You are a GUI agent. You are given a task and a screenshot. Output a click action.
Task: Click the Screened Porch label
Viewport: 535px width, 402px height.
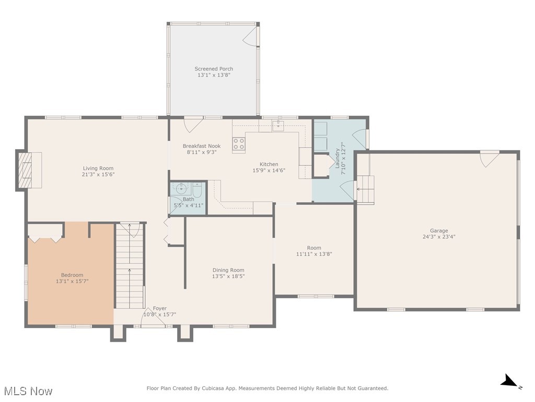click(214, 69)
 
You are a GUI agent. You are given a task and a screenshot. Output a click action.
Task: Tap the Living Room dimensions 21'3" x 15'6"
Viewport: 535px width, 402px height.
click(98, 174)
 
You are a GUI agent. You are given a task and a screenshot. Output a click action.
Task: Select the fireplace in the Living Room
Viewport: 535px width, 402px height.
click(25, 170)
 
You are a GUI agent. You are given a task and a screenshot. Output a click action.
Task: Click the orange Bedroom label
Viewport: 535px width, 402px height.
click(72, 275)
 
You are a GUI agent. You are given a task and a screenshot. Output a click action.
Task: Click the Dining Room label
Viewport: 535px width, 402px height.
click(228, 270)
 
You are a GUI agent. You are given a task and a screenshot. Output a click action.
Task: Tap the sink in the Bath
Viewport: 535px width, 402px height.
click(181, 188)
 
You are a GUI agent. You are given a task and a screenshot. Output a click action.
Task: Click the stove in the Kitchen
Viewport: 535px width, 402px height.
click(239, 144)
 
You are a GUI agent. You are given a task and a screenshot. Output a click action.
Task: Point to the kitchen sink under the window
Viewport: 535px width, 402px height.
click(279, 125)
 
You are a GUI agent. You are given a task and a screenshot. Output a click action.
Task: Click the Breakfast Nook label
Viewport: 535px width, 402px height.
click(202, 146)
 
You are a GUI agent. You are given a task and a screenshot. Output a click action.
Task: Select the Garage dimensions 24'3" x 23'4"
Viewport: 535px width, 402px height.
click(439, 237)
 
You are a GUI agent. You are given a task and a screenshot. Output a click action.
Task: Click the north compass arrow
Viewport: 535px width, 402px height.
click(510, 382)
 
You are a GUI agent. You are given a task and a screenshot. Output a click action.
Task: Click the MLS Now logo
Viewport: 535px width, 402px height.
click(28, 391)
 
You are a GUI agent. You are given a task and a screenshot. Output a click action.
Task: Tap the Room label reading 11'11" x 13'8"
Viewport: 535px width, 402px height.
click(314, 248)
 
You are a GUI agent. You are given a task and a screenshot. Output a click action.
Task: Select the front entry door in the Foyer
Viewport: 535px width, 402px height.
click(152, 320)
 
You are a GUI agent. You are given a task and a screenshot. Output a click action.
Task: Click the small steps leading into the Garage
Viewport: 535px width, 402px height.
click(366, 188)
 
